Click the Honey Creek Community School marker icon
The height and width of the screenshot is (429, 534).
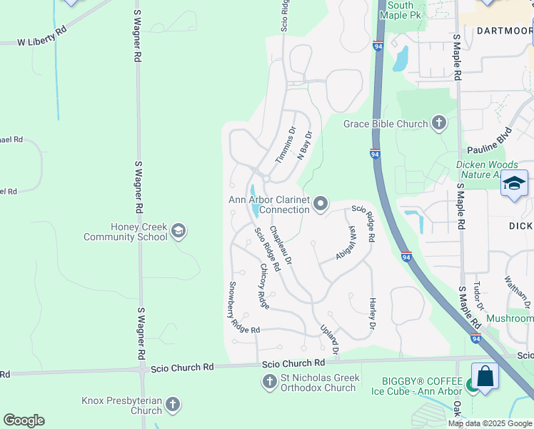pyautogui.click(x=178, y=230)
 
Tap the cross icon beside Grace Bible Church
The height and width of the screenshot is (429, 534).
pyautogui.click(x=438, y=124)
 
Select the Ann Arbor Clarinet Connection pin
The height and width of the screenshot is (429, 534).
pyautogui.click(x=321, y=204)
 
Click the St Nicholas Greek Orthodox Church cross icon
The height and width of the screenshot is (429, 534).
pyautogui.click(x=270, y=382)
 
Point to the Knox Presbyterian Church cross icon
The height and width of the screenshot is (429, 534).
pyautogui.click(x=172, y=405)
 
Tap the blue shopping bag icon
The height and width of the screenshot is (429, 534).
pyautogui.click(x=485, y=376)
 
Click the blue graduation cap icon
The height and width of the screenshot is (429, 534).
pyautogui.click(x=514, y=184)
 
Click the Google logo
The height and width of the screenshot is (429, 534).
pyautogui.click(x=24, y=420)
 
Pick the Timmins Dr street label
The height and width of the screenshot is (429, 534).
pyautogui.click(x=284, y=145)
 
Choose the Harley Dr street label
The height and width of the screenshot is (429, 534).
pyautogui.click(x=372, y=315)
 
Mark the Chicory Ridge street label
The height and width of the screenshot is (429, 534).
pyautogui.click(x=265, y=287)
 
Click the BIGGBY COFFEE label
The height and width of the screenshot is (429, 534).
pyautogui.click(x=407, y=380)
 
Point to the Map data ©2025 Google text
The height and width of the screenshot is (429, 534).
pyautogui.click(x=490, y=423)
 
